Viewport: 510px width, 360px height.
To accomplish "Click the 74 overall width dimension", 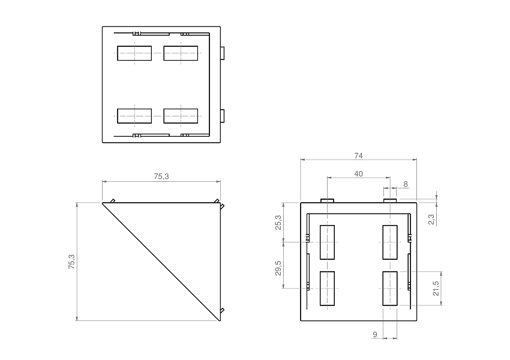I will (x=358, y=155).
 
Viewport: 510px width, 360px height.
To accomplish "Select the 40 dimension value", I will (x=358, y=173).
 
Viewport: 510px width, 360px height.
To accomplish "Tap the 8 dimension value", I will (x=406, y=184).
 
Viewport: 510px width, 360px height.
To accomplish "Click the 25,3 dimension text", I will (x=277, y=223).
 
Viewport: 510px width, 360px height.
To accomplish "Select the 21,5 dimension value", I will (x=436, y=288).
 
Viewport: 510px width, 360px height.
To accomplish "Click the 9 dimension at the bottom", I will (x=375, y=334).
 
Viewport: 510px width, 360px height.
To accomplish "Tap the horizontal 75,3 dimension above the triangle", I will (x=161, y=176).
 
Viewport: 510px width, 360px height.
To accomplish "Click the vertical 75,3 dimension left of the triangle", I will (x=71, y=262).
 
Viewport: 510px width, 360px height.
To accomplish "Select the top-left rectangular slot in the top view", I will (x=134, y=53).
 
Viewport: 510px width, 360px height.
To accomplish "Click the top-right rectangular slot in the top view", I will (x=181, y=53).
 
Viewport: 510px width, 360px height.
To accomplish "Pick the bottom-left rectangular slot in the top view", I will (x=134, y=116).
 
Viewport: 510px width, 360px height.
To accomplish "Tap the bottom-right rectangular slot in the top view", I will (x=181, y=116).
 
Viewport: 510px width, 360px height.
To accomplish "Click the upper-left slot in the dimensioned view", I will (x=327, y=242).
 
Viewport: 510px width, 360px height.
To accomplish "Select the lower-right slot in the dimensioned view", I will (x=389, y=289).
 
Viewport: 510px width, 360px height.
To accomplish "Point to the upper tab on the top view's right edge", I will (x=223, y=53).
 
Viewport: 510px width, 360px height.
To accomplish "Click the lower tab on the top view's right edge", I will (x=223, y=115).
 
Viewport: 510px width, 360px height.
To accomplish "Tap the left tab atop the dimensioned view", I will (x=327, y=200).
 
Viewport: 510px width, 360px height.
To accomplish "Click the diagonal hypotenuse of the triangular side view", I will (x=161, y=262).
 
